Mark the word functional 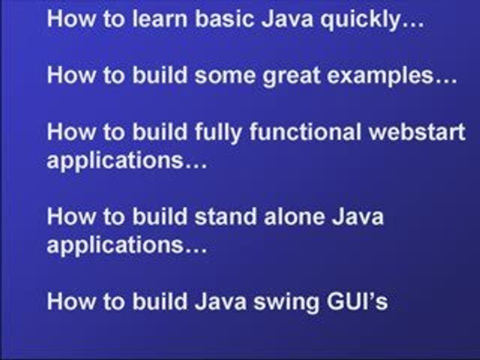(310, 132)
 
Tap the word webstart (422, 132)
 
